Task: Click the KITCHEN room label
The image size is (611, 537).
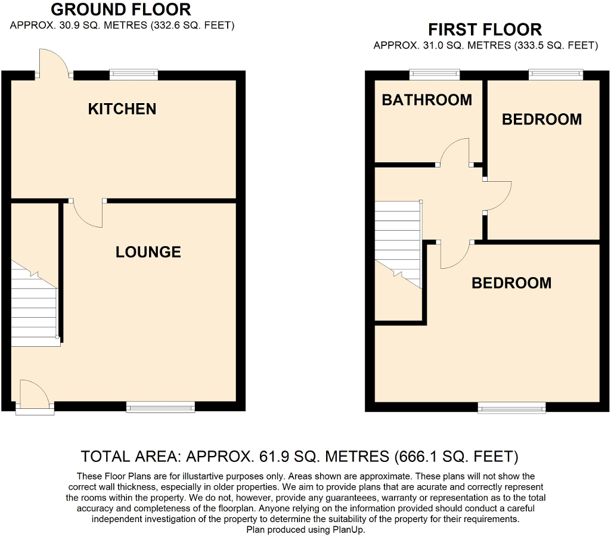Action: (122, 109)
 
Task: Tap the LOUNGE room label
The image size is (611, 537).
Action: (148, 252)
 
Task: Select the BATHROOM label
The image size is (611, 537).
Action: (427, 100)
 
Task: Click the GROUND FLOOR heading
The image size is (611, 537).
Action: (121, 10)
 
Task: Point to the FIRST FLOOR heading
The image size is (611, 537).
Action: (485, 29)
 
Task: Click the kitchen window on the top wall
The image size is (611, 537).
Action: (134, 75)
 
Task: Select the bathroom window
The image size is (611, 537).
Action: (435, 75)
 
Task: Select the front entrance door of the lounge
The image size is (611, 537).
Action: (34, 396)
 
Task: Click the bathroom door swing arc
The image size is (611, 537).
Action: (455, 151)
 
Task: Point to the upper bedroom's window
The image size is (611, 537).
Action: (556, 75)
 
